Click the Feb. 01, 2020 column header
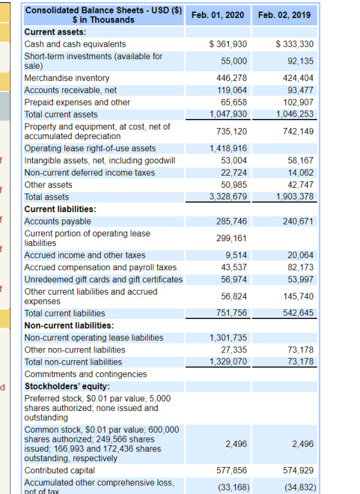218,15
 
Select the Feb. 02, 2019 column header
284,15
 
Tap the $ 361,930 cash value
228,44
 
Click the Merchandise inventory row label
67,78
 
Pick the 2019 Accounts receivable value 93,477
300,90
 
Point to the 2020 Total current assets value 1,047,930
228,114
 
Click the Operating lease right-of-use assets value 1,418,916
228,149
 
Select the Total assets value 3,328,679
228,197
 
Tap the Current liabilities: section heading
60,209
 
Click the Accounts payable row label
58,221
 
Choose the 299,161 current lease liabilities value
231,238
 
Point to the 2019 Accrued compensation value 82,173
300,267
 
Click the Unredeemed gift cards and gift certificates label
104,279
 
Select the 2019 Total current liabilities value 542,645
298,313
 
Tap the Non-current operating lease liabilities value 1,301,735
228,338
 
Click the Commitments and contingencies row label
85,374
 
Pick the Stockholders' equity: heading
67,386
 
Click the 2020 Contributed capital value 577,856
231,470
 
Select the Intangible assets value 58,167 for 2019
300,160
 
